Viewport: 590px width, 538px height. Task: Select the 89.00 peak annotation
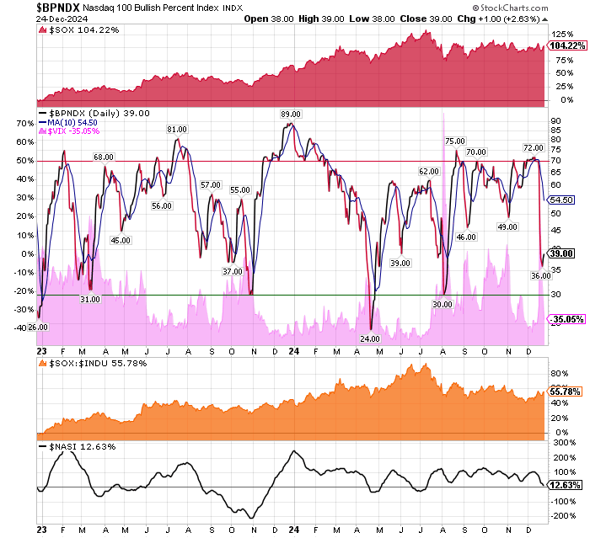pyautogui.click(x=291, y=114)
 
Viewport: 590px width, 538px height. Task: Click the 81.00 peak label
pyautogui.click(x=176, y=129)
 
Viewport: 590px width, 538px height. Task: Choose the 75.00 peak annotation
pyautogui.click(x=455, y=141)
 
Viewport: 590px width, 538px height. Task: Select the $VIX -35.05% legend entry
pyautogui.click(x=70, y=131)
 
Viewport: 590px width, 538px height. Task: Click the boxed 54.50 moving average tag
pyautogui.click(x=561, y=200)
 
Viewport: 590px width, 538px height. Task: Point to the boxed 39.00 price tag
pyautogui.click(x=562, y=253)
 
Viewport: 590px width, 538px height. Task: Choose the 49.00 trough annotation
pyautogui.click(x=507, y=227)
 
